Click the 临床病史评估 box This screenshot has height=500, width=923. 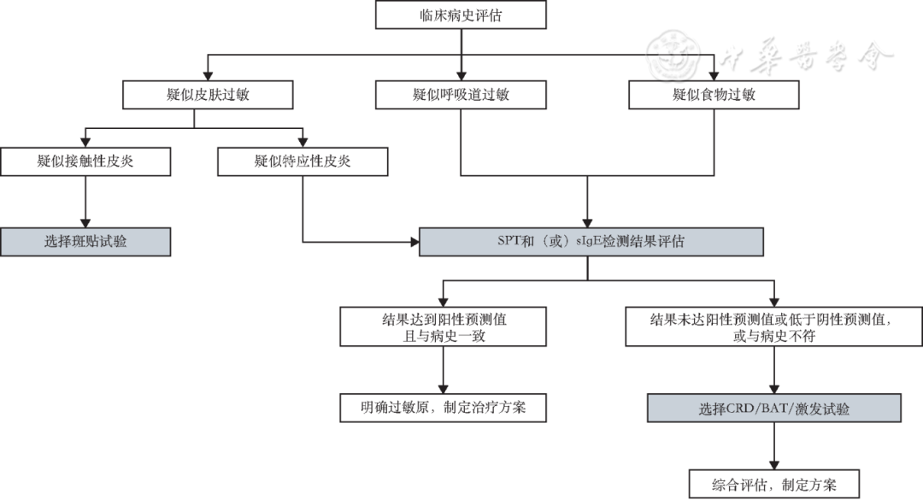461,15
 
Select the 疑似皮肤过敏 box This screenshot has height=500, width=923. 196,94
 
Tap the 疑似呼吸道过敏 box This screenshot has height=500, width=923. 461,94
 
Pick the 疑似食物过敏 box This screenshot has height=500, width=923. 714,94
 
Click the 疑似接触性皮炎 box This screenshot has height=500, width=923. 85,162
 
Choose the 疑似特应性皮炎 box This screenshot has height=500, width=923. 303,162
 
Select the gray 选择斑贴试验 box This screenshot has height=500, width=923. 85,242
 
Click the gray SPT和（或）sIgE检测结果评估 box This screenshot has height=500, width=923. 591,242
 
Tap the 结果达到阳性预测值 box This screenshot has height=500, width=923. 444,327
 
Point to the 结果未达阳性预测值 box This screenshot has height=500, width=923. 773,327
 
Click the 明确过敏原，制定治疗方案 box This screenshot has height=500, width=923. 444,408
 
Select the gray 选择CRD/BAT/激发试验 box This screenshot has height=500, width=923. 773,408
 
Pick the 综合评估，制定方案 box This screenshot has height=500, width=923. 773,483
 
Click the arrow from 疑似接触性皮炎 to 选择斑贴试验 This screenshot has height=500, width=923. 85,203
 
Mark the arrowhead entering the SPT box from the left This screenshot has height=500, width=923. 414,242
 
